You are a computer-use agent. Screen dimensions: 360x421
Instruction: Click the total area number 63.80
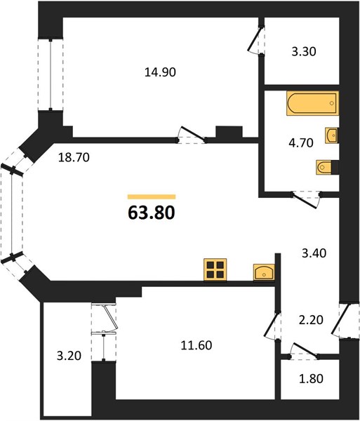[x=152, y=213]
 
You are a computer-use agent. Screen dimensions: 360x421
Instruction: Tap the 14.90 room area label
[x=160, y=72]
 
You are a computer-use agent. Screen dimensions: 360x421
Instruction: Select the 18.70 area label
[x=74, y=157]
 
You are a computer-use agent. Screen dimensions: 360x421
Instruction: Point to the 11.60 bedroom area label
[x=196, y=345]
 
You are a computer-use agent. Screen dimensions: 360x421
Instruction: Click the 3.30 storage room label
[x=304, y=51]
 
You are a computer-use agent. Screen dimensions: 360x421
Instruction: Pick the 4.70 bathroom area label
[x=301, y=142]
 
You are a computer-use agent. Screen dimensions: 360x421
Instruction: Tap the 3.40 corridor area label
[x=314, y=253]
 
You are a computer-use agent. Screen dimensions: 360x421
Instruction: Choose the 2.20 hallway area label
[x=311, y=320]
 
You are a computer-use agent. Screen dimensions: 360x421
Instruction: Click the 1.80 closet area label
[x=311, y=379]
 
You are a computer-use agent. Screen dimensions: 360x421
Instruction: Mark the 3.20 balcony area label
[x=69, y=356]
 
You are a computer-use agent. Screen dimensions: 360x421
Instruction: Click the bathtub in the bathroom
[x=312, y=103]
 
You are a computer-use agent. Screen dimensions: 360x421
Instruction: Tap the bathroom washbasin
[x=332, y=135]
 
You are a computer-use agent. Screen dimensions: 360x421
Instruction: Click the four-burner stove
[x=215, y=269]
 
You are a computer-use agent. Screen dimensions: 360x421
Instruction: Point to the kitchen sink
[x=264, y=272]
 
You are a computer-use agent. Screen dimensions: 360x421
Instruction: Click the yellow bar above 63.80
[x=152, y=196]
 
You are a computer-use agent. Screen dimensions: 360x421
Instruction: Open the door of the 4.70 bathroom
[x=306, y=199]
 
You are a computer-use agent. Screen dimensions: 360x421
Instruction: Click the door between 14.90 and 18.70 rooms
[x=192, y=134]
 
